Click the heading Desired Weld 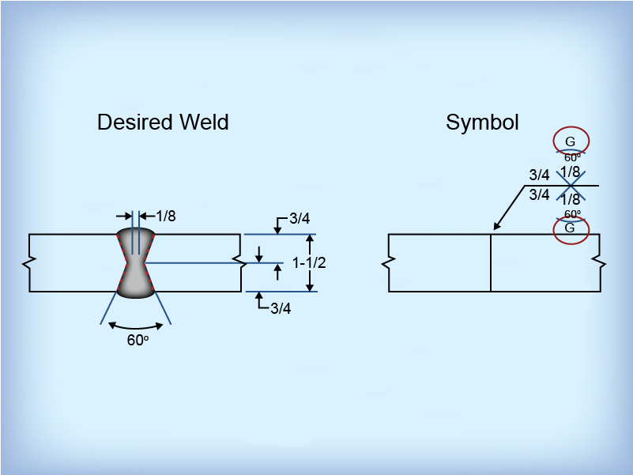163,123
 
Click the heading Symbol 482,123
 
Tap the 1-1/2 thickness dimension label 309,262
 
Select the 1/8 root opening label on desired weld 165,215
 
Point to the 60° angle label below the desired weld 138,341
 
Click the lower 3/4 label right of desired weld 281,309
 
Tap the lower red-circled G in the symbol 571,228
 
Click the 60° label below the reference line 573,214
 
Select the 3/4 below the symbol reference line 539,194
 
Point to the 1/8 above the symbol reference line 571,172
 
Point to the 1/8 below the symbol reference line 571,200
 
